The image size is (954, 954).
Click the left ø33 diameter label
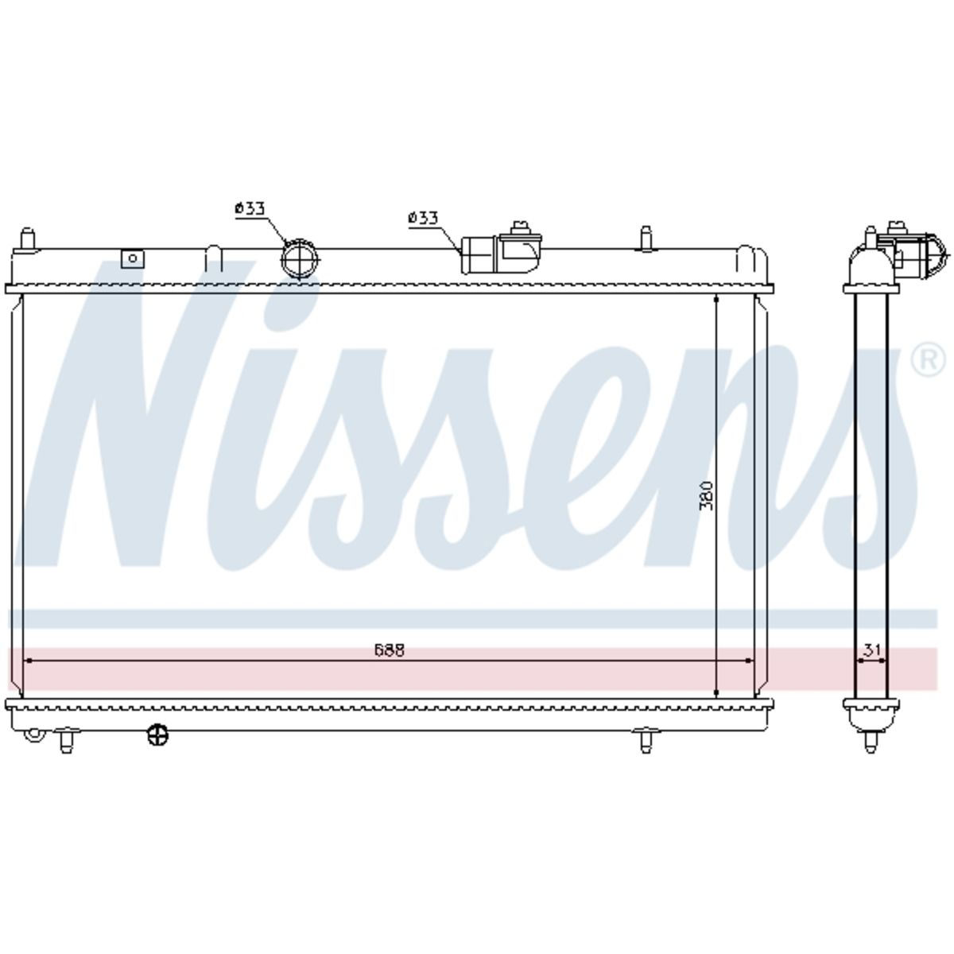click(250, 209)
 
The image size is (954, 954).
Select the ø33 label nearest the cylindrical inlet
click(423, 218)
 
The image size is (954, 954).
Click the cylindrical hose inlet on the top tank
click(479, 254)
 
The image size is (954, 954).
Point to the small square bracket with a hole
click(132, 258)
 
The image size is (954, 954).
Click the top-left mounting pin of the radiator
click(28, 239)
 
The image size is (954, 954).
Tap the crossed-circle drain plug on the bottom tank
click(158, 735)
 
